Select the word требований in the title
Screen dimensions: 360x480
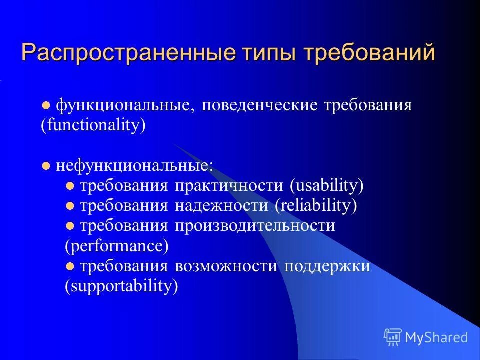click(x=371, y=53)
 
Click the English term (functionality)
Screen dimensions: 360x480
click(x=93, y=125)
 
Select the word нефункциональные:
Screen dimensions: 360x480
click(x=134, y=165)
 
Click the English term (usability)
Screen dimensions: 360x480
click(x=326, y=186)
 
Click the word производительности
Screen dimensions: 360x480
click(x=255, y=226)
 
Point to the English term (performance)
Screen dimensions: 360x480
click(x=117, y=246)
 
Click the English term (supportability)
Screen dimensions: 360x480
click(x=121, y=286)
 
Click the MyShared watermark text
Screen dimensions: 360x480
click(x=436, y=337)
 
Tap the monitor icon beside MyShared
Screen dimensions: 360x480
click(x=393, y=337)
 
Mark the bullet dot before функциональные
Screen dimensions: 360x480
click(x=46, y=106)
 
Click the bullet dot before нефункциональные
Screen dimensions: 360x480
click(x=46, y=166)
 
